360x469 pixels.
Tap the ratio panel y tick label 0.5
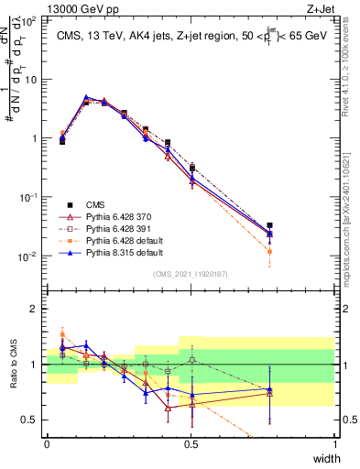tap(32, 420)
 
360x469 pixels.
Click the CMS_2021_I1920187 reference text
tap(191, 274)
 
